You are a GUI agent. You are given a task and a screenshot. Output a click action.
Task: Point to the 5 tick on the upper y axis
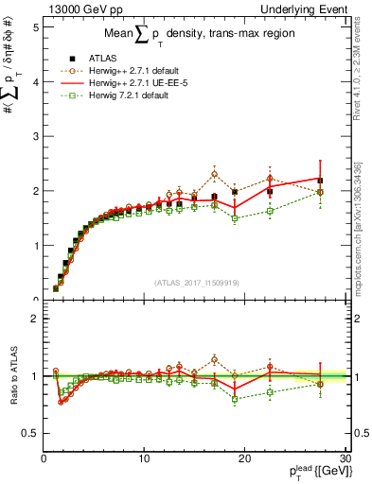pos(34,27)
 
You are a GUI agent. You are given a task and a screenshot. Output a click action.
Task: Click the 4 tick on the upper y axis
pos(34,82)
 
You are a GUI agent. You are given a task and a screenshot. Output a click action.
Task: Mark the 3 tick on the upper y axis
pos(34,137)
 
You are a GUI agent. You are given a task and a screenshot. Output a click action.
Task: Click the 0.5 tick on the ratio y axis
pos(29,433)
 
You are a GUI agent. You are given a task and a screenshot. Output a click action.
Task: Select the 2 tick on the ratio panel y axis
pos(34,319)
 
